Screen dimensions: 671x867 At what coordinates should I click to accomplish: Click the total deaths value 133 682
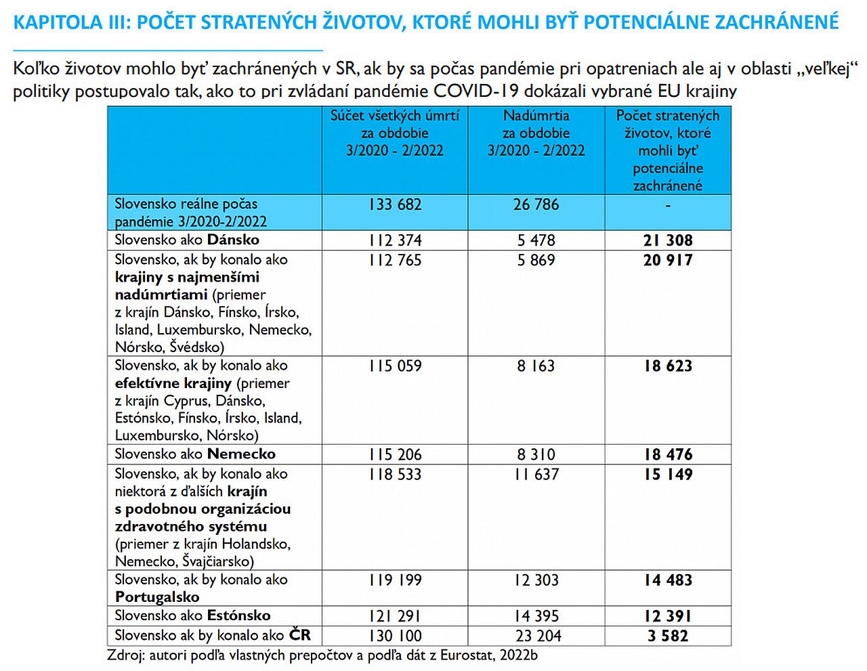click(x=395, y=204)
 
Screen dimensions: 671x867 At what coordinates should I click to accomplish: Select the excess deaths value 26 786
click(x=536, y=204)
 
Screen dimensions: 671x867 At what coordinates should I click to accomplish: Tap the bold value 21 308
click(x=668, y=240)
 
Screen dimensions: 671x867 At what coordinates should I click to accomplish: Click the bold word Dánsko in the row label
click(x=233, y=240)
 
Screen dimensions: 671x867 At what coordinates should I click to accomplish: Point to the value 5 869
click(x=536, y=260)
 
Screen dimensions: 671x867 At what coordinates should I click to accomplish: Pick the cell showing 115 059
click(x=395, y=366)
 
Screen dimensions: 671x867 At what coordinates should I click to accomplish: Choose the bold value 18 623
click(x=668, y=366)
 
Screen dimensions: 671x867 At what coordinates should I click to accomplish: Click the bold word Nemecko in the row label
click(x=241, y=454)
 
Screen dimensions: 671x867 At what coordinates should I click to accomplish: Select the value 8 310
click(x=536, y=454)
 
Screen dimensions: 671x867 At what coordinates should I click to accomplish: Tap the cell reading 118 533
click(x=395, y=475)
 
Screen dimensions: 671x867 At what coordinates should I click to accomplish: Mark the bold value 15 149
click(x=668, y=475)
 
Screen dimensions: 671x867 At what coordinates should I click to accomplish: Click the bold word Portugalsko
click(x=157, y=597)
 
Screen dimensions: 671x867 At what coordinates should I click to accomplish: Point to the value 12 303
click(x=536, y=580)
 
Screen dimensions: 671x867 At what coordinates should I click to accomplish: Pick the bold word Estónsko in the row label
click(x=238, y=615)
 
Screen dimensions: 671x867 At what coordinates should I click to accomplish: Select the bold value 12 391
click(x=668, y=616)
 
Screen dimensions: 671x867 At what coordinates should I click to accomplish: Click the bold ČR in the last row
click(x=299, y=635)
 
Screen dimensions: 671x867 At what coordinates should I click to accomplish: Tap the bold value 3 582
click(x=668, y=636)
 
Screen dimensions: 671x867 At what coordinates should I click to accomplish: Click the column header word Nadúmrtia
click(x=536, y=116)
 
